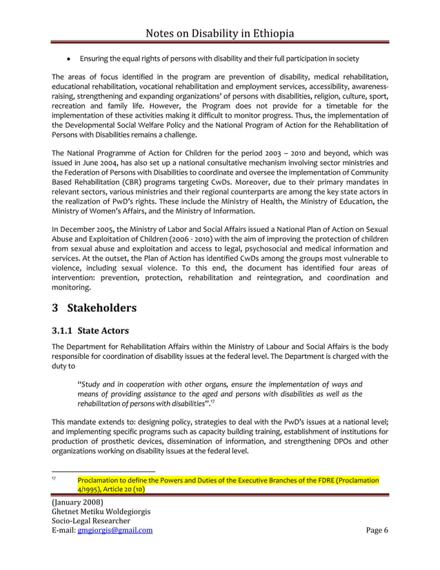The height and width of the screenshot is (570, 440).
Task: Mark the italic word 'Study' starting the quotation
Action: pyautogui.click(x=94, y=383)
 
